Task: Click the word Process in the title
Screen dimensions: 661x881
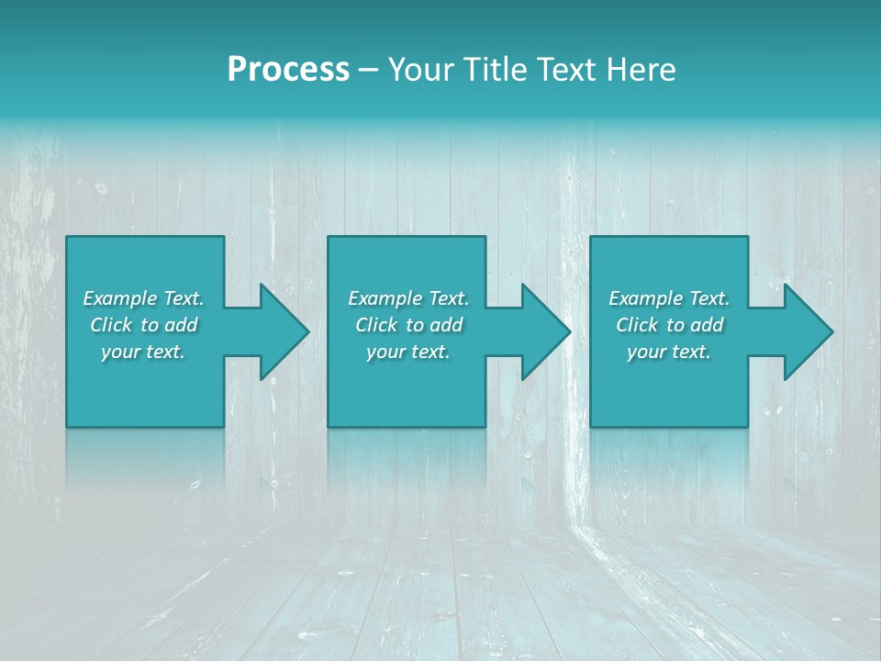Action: click(288, 70)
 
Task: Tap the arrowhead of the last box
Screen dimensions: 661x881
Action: click(807, 331)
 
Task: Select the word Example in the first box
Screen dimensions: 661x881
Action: click(120, 298)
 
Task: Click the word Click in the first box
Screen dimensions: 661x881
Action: click(110, 325)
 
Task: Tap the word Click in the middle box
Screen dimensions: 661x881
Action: click(375, 325)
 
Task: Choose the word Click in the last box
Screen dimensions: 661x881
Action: click(637, 325)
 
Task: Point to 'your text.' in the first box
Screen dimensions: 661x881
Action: click(143, 352)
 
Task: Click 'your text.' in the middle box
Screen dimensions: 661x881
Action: click(407, 352)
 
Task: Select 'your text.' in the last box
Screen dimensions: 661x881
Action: click(669, 352)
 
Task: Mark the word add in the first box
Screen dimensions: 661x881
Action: click(182, 325)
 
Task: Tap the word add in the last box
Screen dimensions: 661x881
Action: click(708, 325)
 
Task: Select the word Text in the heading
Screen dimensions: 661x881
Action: click(567, 70)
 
